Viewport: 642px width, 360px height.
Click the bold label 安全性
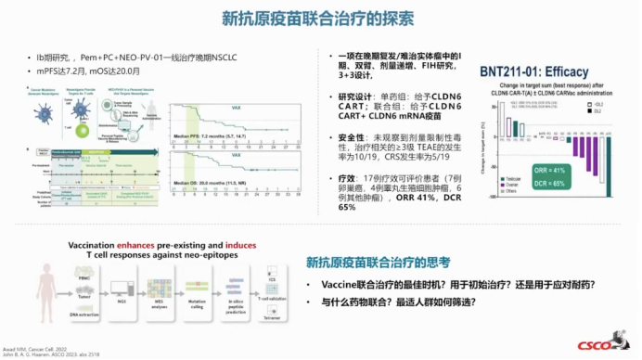point(352,136)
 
